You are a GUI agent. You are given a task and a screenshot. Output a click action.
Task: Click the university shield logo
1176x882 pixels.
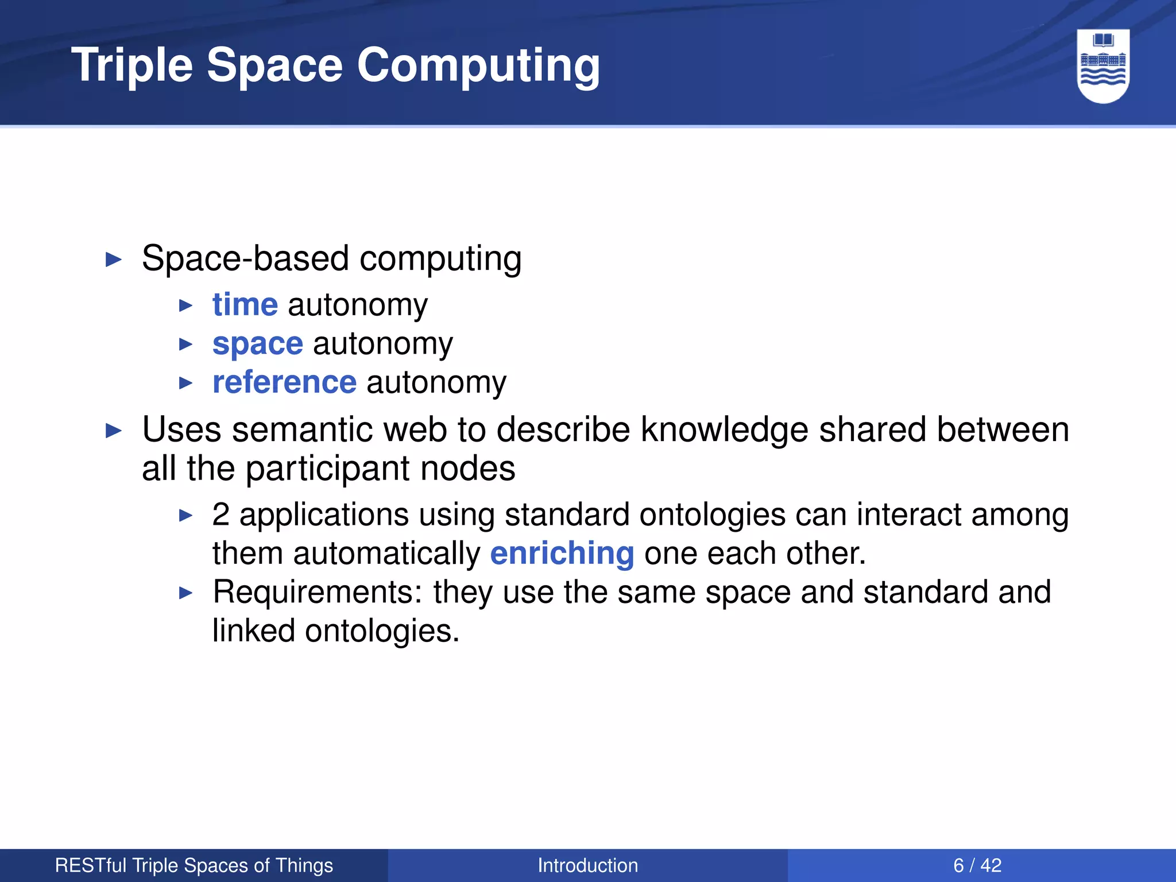click(1103, 66)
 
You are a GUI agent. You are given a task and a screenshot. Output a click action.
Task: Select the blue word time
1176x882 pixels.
click(245, 304)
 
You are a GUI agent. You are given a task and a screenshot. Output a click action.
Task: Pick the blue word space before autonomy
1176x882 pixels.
click(258, 343)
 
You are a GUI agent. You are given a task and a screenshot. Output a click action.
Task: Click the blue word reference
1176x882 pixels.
click(284, 382)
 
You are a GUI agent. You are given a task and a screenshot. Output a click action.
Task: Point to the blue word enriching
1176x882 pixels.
click(562, 554)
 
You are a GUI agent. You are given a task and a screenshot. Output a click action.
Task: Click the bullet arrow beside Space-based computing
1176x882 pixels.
click(114, 260)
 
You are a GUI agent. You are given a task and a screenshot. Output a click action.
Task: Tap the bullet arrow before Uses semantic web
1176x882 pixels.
click(114, 431)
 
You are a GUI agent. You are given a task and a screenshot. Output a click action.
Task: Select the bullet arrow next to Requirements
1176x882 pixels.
click(185, 593)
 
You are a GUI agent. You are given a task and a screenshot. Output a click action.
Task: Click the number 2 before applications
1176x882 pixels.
click(220, 514)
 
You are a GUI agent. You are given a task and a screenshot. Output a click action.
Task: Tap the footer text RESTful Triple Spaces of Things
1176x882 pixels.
click(194, 865)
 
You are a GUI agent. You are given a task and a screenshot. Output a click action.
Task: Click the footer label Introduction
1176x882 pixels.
click(587, 865)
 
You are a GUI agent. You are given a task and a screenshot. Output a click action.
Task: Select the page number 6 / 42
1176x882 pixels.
click(977, 865)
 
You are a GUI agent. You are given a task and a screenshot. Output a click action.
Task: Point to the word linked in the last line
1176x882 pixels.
click(253, 631)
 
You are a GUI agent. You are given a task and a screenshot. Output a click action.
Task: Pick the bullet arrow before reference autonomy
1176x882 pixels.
click(185, 383)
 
